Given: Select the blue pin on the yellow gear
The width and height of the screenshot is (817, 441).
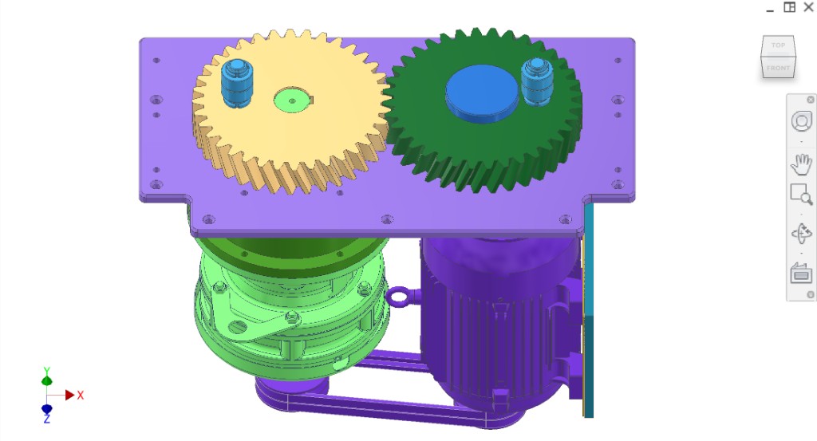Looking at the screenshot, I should [235, 82].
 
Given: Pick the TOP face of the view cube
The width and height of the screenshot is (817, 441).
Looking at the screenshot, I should [778, 45].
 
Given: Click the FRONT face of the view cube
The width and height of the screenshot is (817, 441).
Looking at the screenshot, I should [778, 68].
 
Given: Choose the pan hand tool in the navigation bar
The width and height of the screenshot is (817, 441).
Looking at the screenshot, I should [800, 164].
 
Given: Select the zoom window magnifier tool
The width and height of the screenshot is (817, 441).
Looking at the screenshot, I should [800, 195].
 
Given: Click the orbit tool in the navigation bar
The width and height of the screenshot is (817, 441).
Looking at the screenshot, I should [800, 234].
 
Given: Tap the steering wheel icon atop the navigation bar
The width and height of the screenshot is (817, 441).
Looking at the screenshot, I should [800, 121].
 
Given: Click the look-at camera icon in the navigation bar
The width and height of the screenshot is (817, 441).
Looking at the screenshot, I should [800, 274].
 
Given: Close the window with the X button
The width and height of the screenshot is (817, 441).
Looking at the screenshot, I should [808, 7].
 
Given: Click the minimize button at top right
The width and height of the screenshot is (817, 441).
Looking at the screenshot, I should [770, 8].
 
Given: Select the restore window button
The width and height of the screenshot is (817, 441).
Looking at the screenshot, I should [789, 7].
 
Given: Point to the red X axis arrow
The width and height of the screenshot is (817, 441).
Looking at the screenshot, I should [70, 395].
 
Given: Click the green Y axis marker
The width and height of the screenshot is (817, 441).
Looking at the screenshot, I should [47, 380].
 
